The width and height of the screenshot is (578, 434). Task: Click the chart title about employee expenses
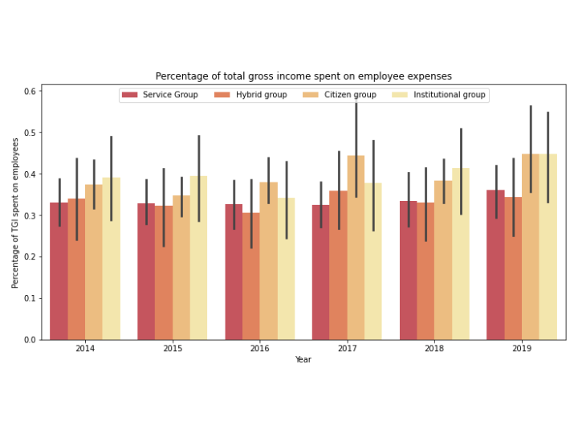303,76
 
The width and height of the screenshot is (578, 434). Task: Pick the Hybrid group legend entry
261,95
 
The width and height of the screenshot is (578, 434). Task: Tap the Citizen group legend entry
350,95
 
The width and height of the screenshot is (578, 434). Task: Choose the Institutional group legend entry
449,95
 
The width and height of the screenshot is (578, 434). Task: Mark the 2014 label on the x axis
85,349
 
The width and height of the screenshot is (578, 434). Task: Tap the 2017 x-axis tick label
347,349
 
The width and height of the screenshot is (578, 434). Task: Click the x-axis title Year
303,359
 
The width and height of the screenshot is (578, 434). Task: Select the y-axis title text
15,213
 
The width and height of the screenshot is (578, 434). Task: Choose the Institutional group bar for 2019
548,249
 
